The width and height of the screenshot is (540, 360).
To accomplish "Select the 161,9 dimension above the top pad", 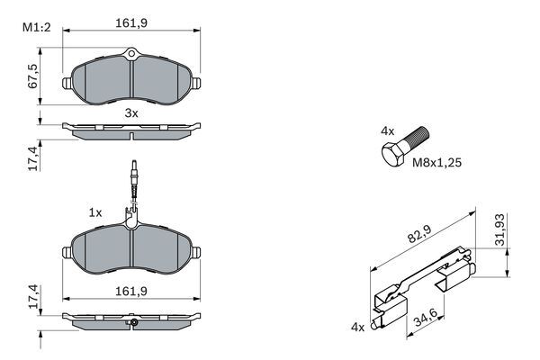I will [131, 25].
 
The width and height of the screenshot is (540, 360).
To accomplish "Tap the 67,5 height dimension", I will [34, 76].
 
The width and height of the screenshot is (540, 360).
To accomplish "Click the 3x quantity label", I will [131, 112].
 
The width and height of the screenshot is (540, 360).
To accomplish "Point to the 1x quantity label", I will [94, 212].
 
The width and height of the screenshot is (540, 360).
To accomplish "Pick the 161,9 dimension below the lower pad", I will [131, 290].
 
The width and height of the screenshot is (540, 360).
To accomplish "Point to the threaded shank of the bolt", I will [417, 140].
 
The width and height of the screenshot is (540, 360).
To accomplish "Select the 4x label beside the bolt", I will [387, 130].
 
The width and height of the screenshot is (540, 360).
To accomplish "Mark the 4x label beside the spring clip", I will [357, 327].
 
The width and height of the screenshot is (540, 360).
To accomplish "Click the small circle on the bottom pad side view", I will [133, 322].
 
